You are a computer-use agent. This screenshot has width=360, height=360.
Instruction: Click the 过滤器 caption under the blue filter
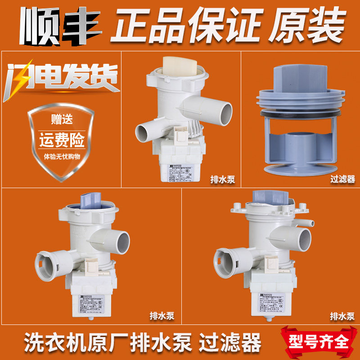pos(342,180)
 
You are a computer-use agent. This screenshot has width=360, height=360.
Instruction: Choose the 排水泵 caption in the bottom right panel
pos(342,316)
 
